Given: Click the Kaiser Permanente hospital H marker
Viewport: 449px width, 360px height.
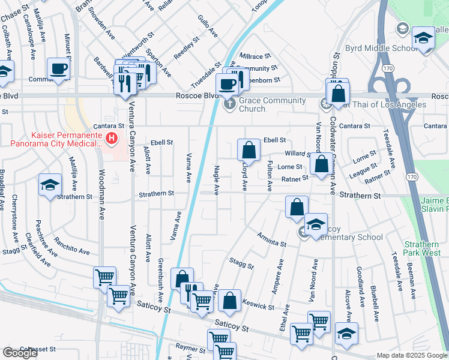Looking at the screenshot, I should tap(111, 139).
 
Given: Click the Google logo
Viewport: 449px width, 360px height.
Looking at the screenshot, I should tap(19, 353).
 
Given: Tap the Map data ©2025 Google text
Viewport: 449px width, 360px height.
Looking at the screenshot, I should tap(411, 355).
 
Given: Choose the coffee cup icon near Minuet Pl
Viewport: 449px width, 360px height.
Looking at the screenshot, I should tap(58, 70).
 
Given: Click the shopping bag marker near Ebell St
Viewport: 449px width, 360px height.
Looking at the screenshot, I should tap(248, 150).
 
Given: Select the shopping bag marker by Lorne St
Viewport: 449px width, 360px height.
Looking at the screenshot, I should tap(322, 163).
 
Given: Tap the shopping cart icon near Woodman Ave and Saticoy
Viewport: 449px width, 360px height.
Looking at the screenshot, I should tap(104, 277).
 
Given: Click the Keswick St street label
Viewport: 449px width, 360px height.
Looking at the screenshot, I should tap(259, 305).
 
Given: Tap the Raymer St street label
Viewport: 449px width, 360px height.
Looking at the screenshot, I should tap(191, 347).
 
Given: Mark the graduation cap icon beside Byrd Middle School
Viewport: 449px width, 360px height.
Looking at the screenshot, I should tap(423, 38).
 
